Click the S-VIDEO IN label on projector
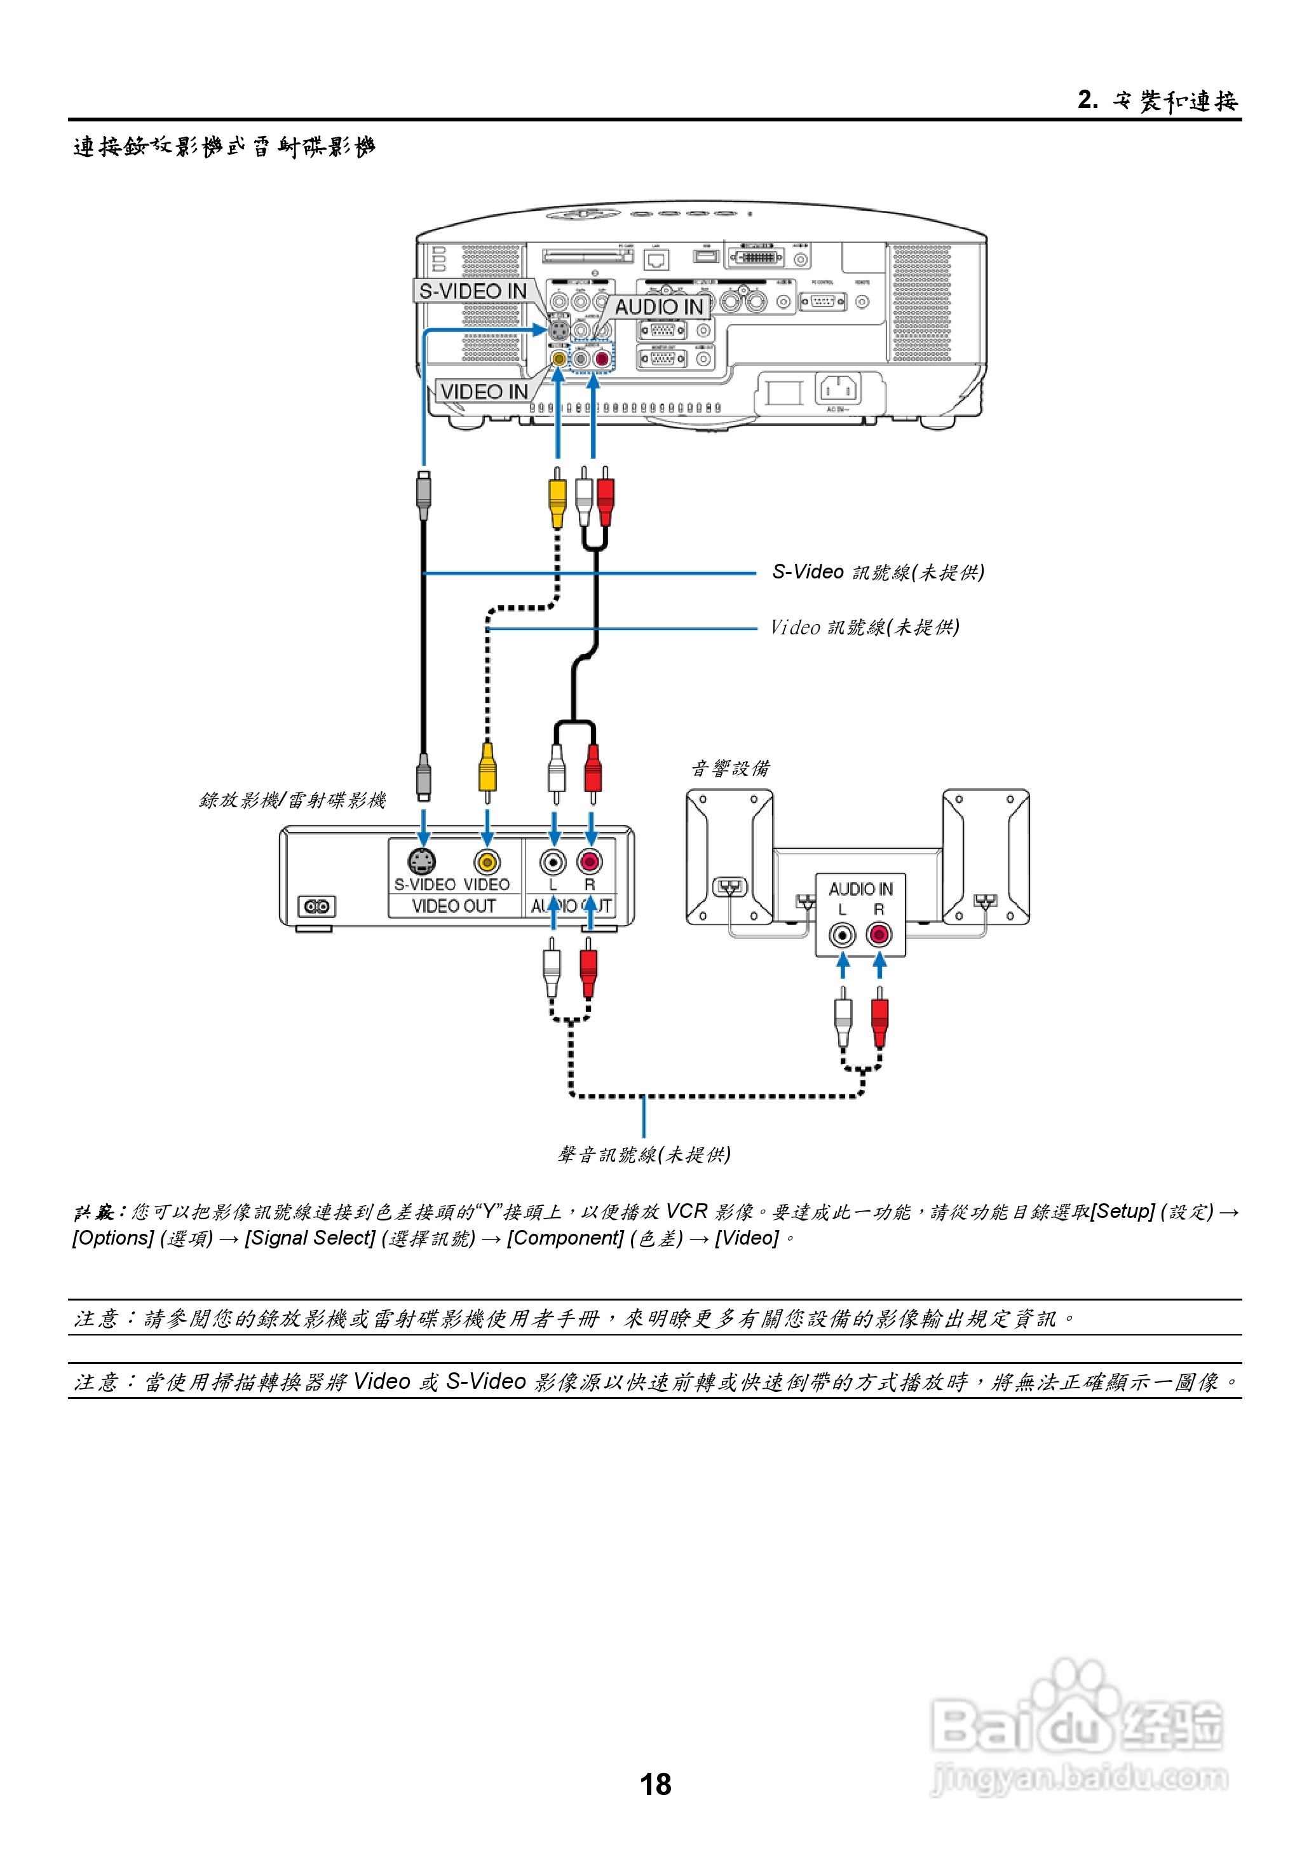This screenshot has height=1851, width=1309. (473, 291)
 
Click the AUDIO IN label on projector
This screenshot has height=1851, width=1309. (660, 307)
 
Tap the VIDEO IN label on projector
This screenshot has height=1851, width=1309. (484, 392)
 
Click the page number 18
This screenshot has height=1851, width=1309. (654, 1784)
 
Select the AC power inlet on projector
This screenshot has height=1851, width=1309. (838, 390)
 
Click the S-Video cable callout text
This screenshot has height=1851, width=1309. (878, 572)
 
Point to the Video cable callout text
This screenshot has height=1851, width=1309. (864, 627)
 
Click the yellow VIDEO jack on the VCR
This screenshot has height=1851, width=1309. (487, 863)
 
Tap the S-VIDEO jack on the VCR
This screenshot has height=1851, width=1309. (421, 862)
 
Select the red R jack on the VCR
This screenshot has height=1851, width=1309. (590, 863)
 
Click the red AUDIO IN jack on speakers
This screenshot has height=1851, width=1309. (879, 935)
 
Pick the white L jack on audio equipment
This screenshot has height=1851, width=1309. (843, 935)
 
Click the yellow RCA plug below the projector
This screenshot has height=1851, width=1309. (557, 500)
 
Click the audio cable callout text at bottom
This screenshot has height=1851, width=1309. (643, 1154)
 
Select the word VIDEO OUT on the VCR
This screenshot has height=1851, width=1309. (453, 906)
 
